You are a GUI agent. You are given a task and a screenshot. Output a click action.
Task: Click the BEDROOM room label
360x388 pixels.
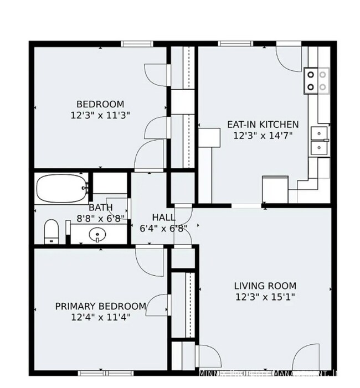100,104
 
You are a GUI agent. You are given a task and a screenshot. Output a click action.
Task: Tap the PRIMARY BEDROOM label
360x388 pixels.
100,306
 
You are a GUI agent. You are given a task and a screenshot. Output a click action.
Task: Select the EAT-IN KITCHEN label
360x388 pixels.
263,125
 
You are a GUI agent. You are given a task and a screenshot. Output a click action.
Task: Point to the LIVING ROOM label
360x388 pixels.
265,286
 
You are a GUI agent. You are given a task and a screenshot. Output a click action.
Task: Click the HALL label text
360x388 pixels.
163,218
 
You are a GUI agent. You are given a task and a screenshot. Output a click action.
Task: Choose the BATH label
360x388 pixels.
101,208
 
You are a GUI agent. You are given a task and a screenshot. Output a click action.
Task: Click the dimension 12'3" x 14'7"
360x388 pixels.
263,135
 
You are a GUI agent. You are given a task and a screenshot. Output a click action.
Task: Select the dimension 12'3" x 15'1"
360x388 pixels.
265,297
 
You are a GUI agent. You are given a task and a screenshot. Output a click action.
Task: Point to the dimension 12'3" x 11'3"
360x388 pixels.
100,115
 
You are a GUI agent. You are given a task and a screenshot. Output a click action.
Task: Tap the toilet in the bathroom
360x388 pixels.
52,231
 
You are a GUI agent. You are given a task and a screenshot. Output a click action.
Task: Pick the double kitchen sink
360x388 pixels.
319,140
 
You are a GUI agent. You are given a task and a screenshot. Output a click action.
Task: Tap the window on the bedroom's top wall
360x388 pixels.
137,44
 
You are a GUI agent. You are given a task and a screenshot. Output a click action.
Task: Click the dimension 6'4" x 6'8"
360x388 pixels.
163,228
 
